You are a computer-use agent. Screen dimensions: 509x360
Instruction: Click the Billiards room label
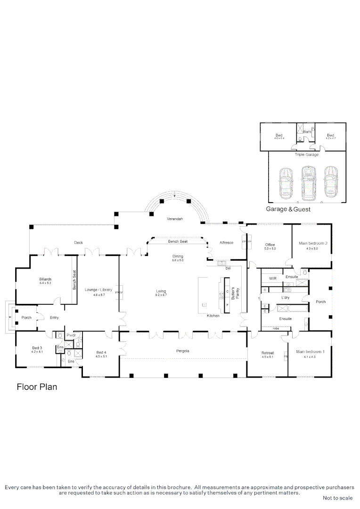point(46,279)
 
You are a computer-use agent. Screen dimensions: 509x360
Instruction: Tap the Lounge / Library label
point(98,290)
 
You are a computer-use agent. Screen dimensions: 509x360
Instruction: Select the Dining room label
point(177,256)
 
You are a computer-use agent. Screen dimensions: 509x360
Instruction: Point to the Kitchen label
point(213,315)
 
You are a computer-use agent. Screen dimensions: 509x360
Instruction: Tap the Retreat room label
point(268,353)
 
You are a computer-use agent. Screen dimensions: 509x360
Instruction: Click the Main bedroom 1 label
point(310,352)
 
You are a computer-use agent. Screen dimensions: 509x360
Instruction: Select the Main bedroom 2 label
point(313,243)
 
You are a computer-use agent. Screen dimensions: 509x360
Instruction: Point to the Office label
point(270,245)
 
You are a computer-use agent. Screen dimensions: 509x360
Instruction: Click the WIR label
point(272,279)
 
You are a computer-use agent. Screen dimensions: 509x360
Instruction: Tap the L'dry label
point(285,298)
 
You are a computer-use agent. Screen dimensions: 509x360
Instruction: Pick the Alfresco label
point(226,242)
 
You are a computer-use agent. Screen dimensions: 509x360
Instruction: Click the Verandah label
point(175,219)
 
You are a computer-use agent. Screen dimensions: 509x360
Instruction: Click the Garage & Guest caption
point(288,209)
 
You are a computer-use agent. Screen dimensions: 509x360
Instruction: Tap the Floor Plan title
point(37,387)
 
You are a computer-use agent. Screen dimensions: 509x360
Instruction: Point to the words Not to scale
point(337,498)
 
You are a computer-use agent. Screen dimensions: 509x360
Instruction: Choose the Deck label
point(78,242)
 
